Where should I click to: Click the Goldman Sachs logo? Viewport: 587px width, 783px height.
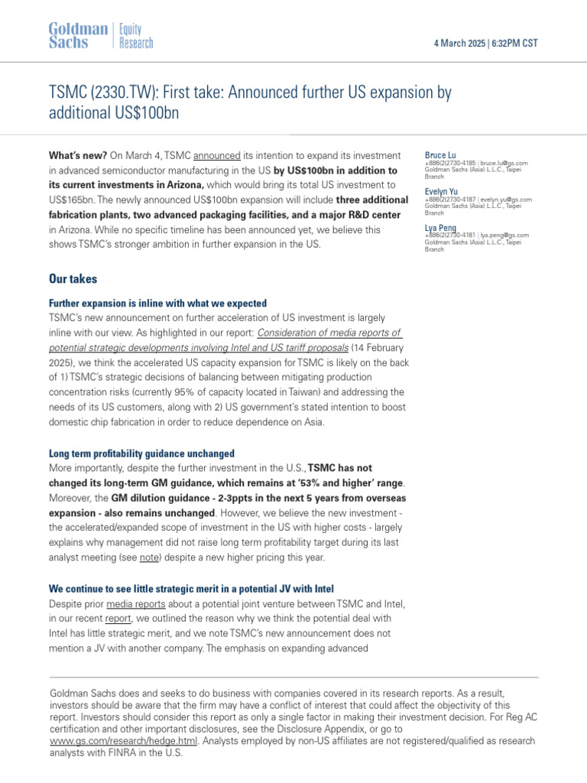79,36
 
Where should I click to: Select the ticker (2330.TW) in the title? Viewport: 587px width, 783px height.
116,93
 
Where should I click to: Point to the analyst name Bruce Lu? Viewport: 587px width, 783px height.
440,155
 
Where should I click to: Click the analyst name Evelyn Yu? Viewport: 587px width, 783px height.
442,191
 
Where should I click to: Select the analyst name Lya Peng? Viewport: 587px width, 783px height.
440,227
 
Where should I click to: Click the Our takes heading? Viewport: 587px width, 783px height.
73,279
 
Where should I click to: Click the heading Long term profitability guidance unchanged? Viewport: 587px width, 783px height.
141,453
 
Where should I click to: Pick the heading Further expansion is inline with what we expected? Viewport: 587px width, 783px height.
157,303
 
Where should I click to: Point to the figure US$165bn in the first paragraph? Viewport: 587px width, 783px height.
76,200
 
